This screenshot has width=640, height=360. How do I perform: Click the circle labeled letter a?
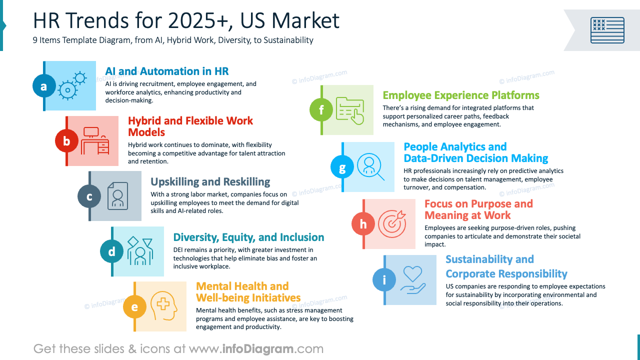pyautogui.click(x=43, y=86)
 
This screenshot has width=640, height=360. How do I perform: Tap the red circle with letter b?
pyautogui.click(x=66, y=141)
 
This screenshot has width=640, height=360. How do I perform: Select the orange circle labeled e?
pyautogui.click(x=134, y=307)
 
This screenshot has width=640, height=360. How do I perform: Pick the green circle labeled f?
pyautogui.click(x=321, y=110)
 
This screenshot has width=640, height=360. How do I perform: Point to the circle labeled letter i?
pyautogui.click(x=384, y=280)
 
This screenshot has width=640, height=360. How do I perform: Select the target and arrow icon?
pyautogui.click(x=391, y=223)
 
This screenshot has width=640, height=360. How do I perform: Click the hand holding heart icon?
pyautogui.click(x=413, y=279)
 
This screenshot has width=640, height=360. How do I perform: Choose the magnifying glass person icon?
pyautogui.click(x=370, y=166)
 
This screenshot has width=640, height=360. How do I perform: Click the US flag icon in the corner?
pyautogui.click(x=607, y=30)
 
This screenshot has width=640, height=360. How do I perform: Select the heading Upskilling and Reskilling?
pyautogui.click(x=210, y=182)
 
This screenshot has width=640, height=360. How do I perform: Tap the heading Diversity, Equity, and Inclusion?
pyautogui.click(x=248, y=237)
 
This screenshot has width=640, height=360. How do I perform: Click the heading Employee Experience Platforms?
pyautogui.click(x=461, y=95)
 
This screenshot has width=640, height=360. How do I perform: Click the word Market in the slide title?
pyautogui.click(x=305, y=21)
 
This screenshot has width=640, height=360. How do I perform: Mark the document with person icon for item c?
pyautogui.click(x=118, y=195)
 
